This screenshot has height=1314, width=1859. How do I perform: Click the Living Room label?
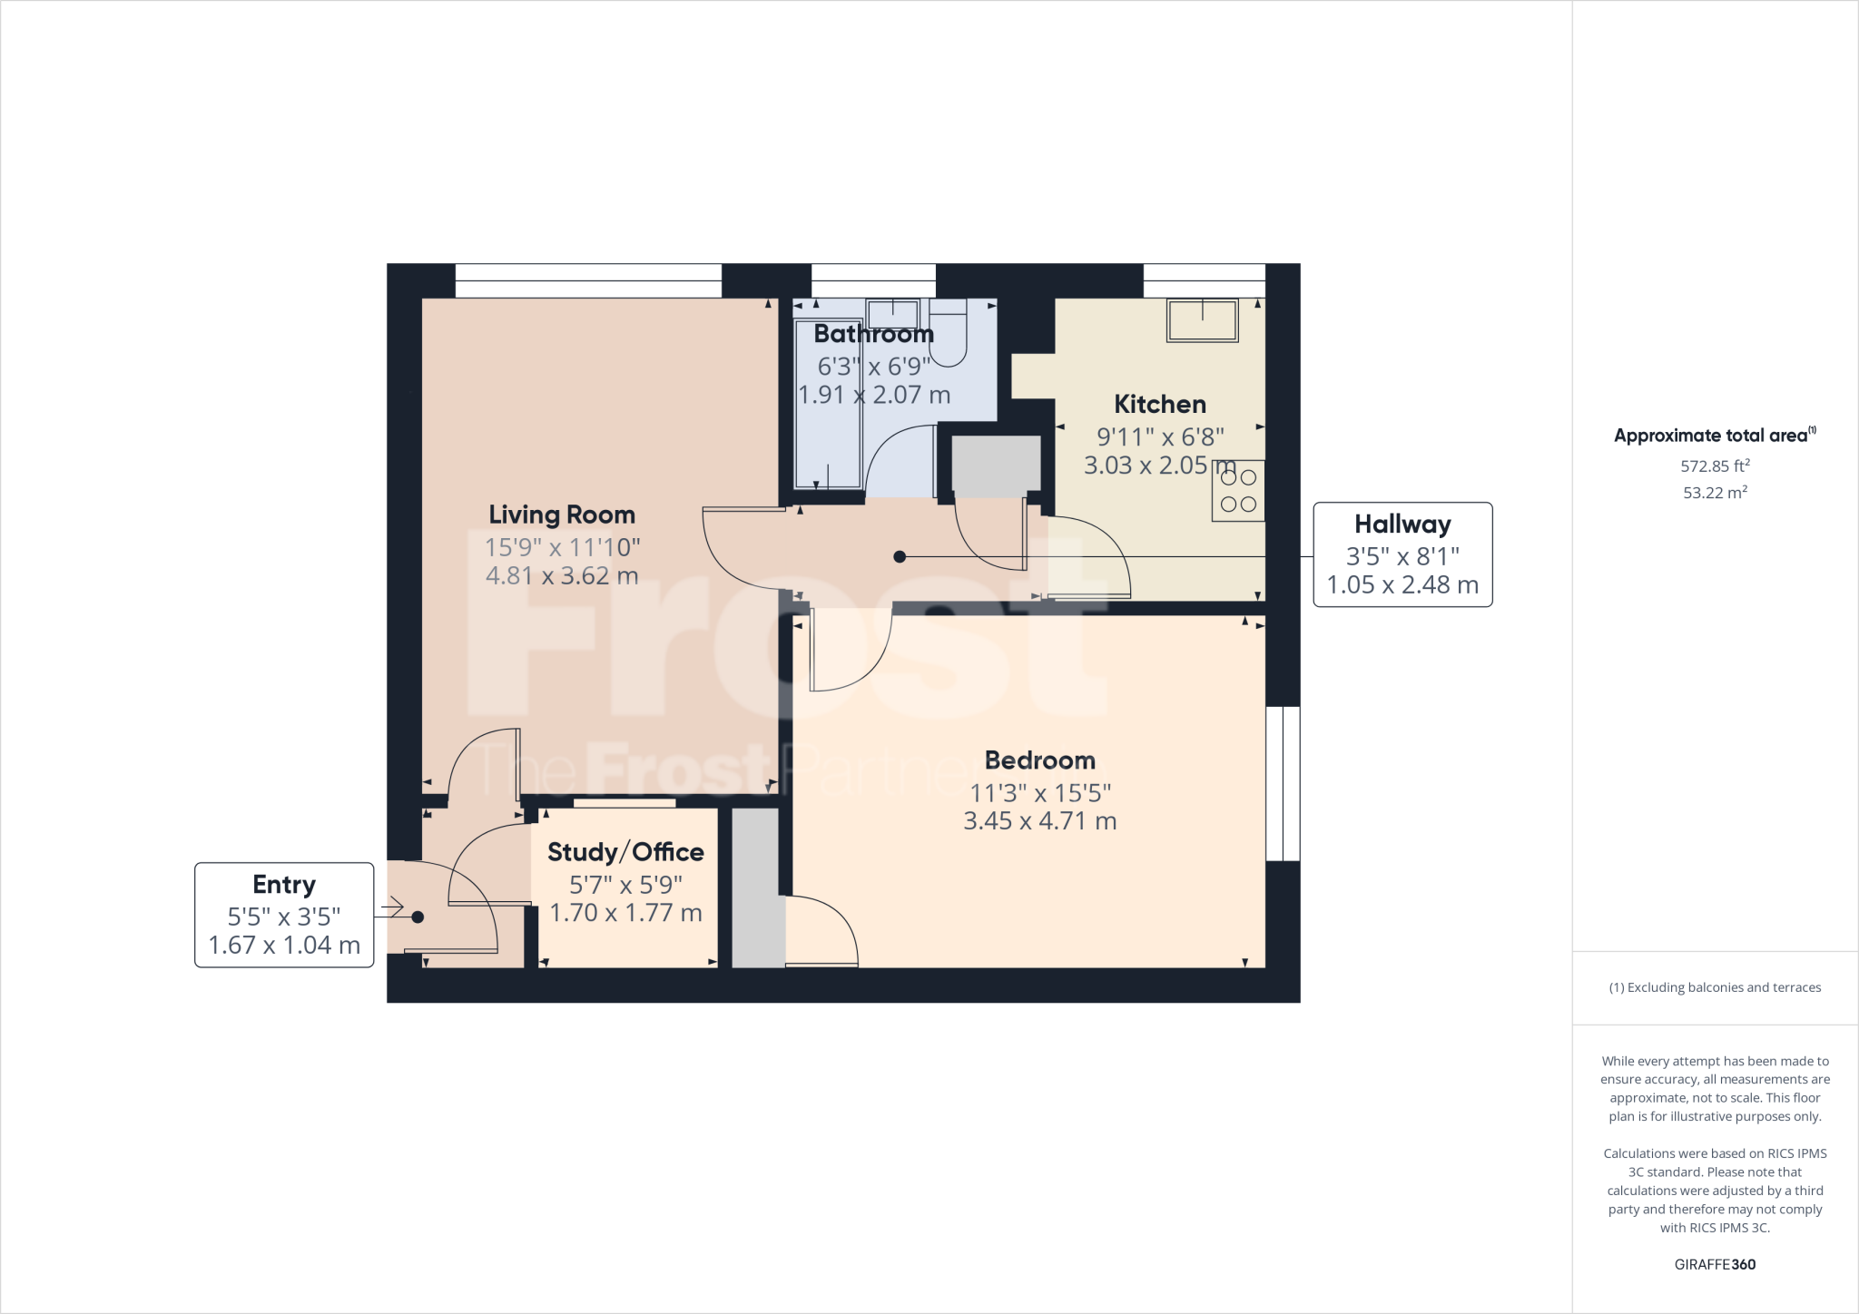pos(561,515)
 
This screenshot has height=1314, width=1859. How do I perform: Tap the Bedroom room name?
pos(1039,760)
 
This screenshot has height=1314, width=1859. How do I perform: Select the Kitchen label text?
pos(1159,404)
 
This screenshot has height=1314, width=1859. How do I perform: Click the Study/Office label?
pos(625,852)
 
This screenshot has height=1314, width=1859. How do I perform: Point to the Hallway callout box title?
pos(1402,525)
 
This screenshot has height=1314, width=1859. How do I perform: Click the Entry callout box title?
pos(284,885)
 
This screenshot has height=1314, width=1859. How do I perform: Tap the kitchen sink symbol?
pos(1202,320)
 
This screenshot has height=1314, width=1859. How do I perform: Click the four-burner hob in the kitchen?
pos(1237,491)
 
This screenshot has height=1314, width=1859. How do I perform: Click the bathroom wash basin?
pos(893,314)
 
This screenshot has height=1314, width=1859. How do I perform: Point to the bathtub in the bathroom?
pos(828,404)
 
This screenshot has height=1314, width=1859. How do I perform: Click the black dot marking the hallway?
pos(899,556)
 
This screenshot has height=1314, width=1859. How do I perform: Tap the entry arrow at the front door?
pos(392,907)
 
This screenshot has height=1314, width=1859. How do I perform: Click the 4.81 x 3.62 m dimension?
pos(561,575)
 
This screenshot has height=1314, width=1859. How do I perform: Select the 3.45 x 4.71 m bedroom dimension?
pos(1039,821)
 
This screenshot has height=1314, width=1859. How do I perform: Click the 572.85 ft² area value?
pos(1714,466)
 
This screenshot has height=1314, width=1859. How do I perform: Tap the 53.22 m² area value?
pos(1714,493)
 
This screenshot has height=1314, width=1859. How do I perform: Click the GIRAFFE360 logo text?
pos(1714,1264)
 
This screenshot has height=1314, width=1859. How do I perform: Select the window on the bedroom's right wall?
pos(1282,783)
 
